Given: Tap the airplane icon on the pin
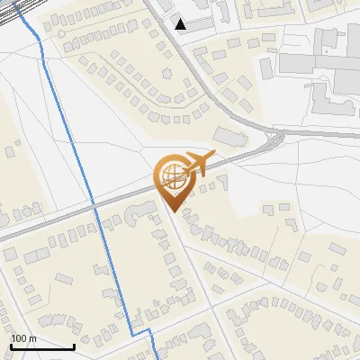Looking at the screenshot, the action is coord(196,165).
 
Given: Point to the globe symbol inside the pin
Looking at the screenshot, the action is coord(171,174).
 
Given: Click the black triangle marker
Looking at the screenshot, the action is coord(181,24).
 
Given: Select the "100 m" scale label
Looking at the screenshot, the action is coord(23,337).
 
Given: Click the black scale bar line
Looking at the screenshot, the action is coord(42,346).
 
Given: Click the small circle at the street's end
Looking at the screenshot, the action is coord(61,33).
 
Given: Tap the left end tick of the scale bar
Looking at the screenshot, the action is coord(12,346).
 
